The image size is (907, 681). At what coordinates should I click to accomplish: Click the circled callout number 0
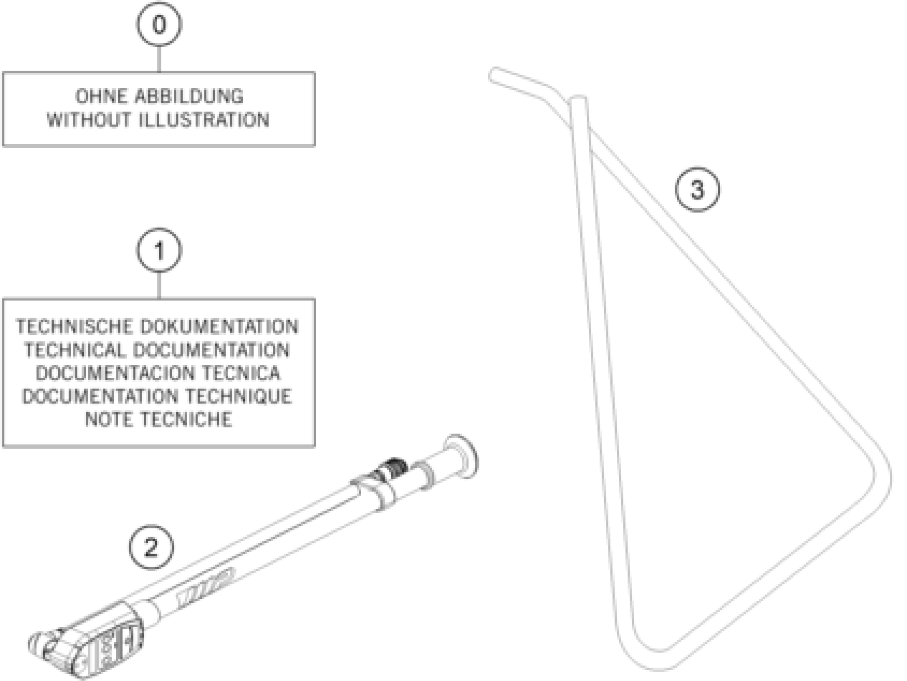point(159,24)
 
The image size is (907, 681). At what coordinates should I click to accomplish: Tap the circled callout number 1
point(159,250)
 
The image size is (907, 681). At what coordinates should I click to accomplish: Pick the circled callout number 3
point(697,190)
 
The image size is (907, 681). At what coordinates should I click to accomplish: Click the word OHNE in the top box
point(101,97)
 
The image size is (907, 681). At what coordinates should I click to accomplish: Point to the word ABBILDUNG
point(189,97)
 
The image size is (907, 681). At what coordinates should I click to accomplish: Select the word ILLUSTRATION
point(204,120)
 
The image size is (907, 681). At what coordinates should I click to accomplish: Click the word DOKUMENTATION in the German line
point(219,326)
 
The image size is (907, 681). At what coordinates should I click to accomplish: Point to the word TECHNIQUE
point(238,396)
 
